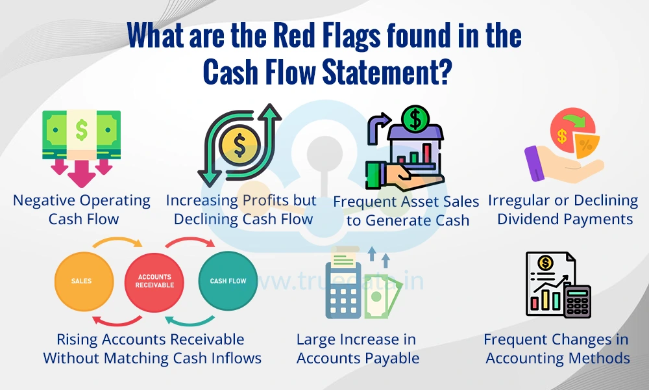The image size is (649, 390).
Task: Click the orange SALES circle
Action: coord(84,281)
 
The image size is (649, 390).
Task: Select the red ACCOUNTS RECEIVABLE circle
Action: coord(154,282)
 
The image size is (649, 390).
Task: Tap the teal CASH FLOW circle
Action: coord(228,281)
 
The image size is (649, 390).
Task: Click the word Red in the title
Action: coord(292,35)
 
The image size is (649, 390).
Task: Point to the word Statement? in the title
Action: coord(386,71)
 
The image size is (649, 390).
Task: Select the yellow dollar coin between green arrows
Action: coord(239,145)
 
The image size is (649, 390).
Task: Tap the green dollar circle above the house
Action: coord(415,118)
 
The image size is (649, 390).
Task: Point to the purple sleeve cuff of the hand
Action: coord(535,163)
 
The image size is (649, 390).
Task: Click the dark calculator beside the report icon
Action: coord(578,301)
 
